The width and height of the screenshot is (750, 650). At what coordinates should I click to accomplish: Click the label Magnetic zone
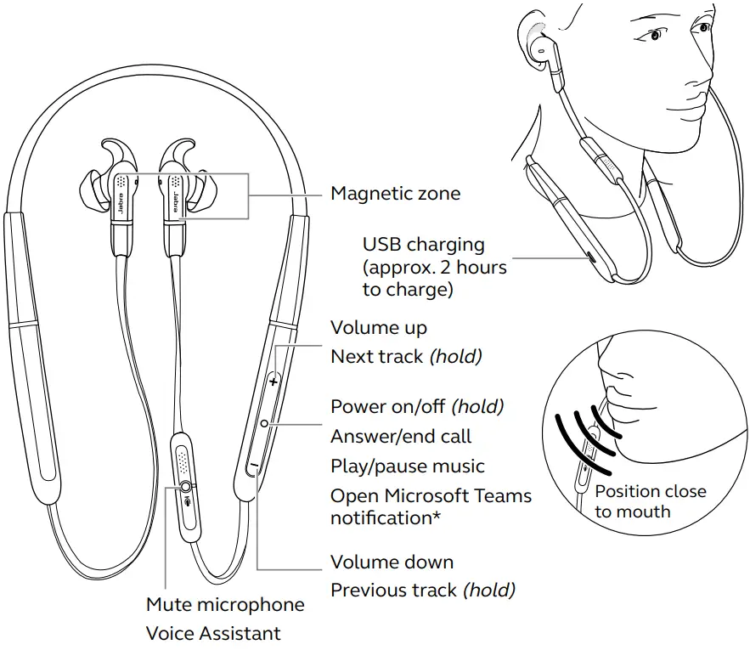point(395,194)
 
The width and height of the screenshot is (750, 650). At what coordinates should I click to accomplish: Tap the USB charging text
point(423,245)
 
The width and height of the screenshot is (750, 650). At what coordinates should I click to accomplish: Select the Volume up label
point(378,328)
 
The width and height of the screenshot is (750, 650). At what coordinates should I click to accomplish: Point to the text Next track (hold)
point(406,357)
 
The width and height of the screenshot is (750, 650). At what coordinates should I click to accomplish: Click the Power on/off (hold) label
point(417,407)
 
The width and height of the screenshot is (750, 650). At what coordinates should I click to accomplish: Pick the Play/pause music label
point(408,466)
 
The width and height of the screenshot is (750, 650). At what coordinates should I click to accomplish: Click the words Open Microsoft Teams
point(431,495)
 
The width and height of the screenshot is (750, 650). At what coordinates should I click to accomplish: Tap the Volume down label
point(392,562)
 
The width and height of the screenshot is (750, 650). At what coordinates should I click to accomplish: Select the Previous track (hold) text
point(422,590)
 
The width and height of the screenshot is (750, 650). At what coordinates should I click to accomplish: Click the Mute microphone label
point(225,605)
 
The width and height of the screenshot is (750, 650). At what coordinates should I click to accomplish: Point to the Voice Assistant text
point(213,633)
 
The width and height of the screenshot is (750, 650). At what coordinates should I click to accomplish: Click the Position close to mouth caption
point(650,501)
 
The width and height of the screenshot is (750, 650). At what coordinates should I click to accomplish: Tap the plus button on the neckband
point(273,382)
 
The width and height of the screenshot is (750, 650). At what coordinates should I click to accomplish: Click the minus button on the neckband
point(252,465)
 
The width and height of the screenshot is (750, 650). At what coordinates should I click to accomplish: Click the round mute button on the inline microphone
point(185,486)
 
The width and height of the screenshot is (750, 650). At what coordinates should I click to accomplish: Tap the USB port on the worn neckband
point(589,257)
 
